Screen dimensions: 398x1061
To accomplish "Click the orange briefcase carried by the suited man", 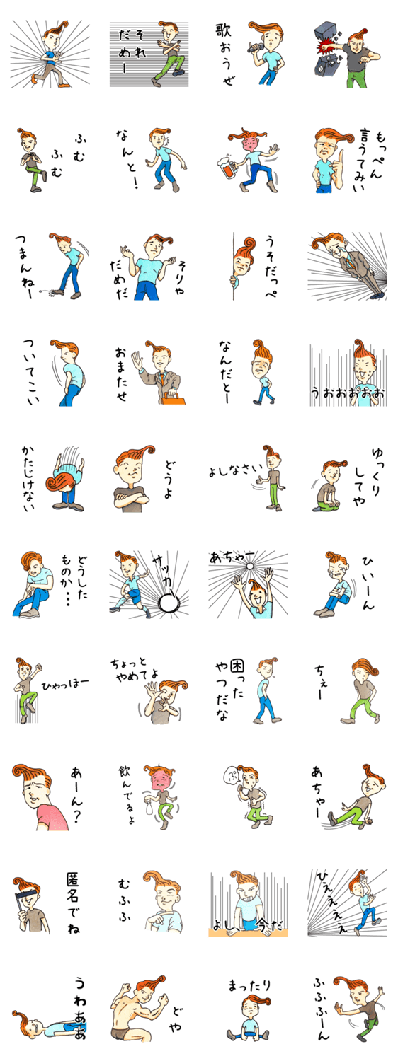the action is click(x=173, y=397).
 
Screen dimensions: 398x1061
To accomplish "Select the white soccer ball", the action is click(x=168, y=603).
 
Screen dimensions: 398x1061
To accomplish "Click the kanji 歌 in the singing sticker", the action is click(x=223, y=32).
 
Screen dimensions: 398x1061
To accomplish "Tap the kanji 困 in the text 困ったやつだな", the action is click(x=237, y=667).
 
